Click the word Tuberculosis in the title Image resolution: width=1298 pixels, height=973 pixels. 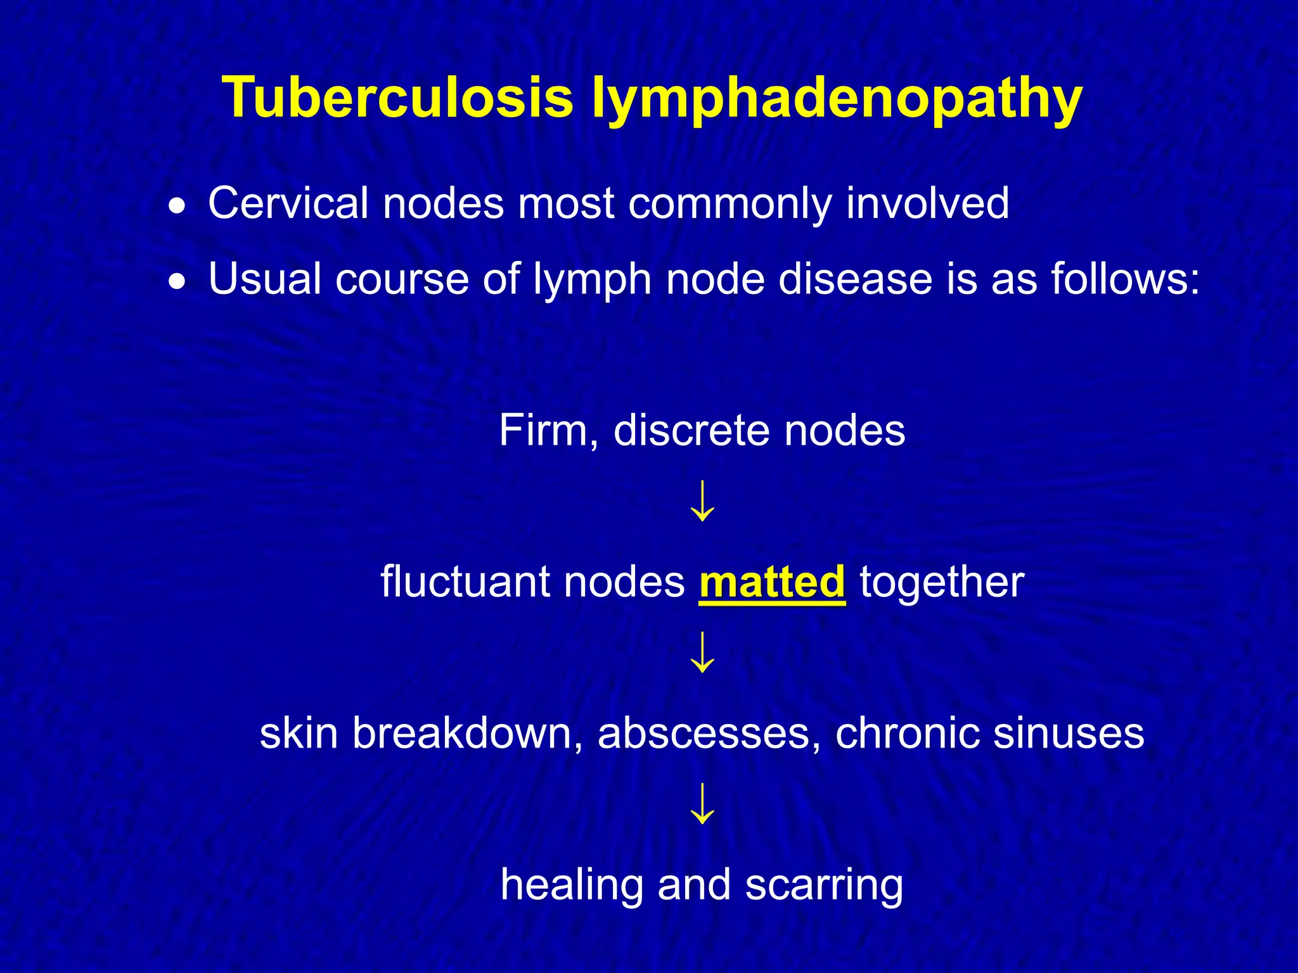point(397,98)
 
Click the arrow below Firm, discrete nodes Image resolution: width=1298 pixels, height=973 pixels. point(702,501)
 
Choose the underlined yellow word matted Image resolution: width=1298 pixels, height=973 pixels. point(772,582)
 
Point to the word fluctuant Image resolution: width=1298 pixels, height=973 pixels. point(465,582)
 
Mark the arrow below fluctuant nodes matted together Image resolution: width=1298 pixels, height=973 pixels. point(702,652)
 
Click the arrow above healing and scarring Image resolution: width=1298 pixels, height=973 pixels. point(702,804)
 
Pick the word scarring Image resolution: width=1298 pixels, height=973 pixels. point(824,886)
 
